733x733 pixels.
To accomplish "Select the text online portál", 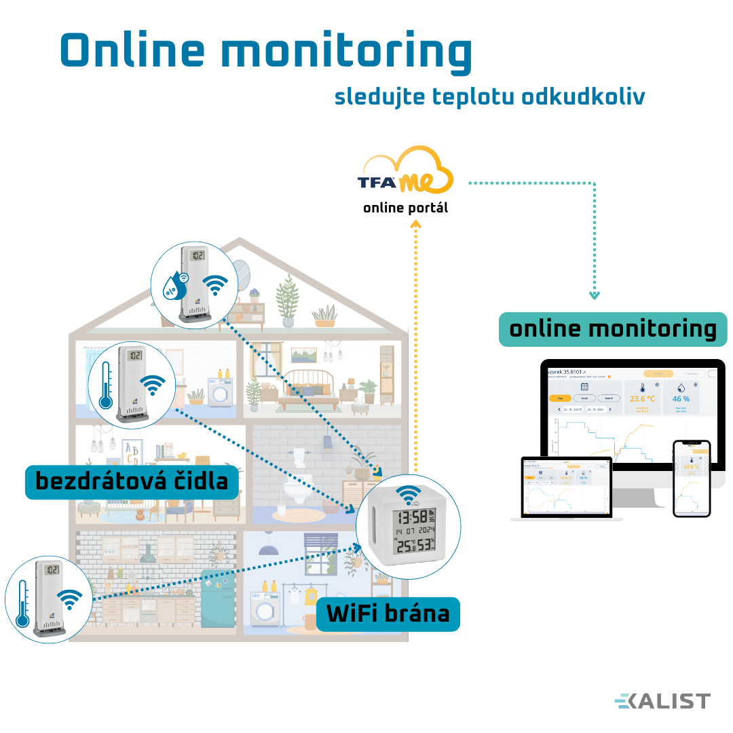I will tap(406, 208).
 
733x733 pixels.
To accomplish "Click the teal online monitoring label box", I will tap(612, 329).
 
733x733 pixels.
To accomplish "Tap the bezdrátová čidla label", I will tap(132, 481).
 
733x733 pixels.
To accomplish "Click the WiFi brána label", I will tap(388, 614).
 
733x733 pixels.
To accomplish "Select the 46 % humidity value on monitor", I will tap(681, 399).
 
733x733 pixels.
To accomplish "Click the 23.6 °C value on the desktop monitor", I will tap(642, 399).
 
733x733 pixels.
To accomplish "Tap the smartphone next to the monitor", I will tap(692, 478).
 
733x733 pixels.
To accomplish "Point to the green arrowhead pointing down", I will tap(595, 295).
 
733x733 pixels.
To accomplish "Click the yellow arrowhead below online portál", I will tap(416, 231).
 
